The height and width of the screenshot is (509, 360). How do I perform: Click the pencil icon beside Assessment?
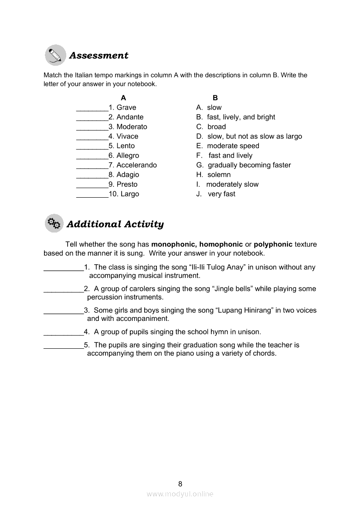pyautogui.click(x=55, y=55)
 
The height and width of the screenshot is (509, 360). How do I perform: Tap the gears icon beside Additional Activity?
pyautogui.click(x=54, y=223)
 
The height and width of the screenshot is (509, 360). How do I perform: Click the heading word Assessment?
pyautogui.click(x=99, y=56)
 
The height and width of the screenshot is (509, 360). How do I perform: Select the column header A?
pyautogui.click(x=123, y=98)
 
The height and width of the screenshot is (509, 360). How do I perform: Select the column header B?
pyautogui.click(x=215, y=98)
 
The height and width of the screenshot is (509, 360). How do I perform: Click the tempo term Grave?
pyautogui.click(x=126, y=108)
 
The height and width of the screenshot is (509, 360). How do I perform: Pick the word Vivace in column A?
pyautogui.click(x=127, y=136)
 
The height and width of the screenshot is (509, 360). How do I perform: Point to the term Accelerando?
pyautogui.click(x=136, y=165)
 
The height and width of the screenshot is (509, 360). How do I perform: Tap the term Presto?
pyautogui.click(x=127, y=184)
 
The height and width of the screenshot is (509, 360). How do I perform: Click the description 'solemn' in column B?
pyautogui.click(x=219, y=175)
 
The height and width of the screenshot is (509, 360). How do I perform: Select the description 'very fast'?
pyautogui.click(x=221, y=194)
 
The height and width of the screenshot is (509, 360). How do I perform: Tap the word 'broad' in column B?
pyautogui.click(x=217, y=127)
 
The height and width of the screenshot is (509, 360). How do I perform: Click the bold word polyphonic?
pyautogui.click(x=273, y=244)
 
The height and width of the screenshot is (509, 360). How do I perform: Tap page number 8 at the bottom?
pyautogui.click(x=180, y=484)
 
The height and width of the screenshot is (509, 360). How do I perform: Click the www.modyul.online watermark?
pyautogui.click(x=180, y=494)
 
